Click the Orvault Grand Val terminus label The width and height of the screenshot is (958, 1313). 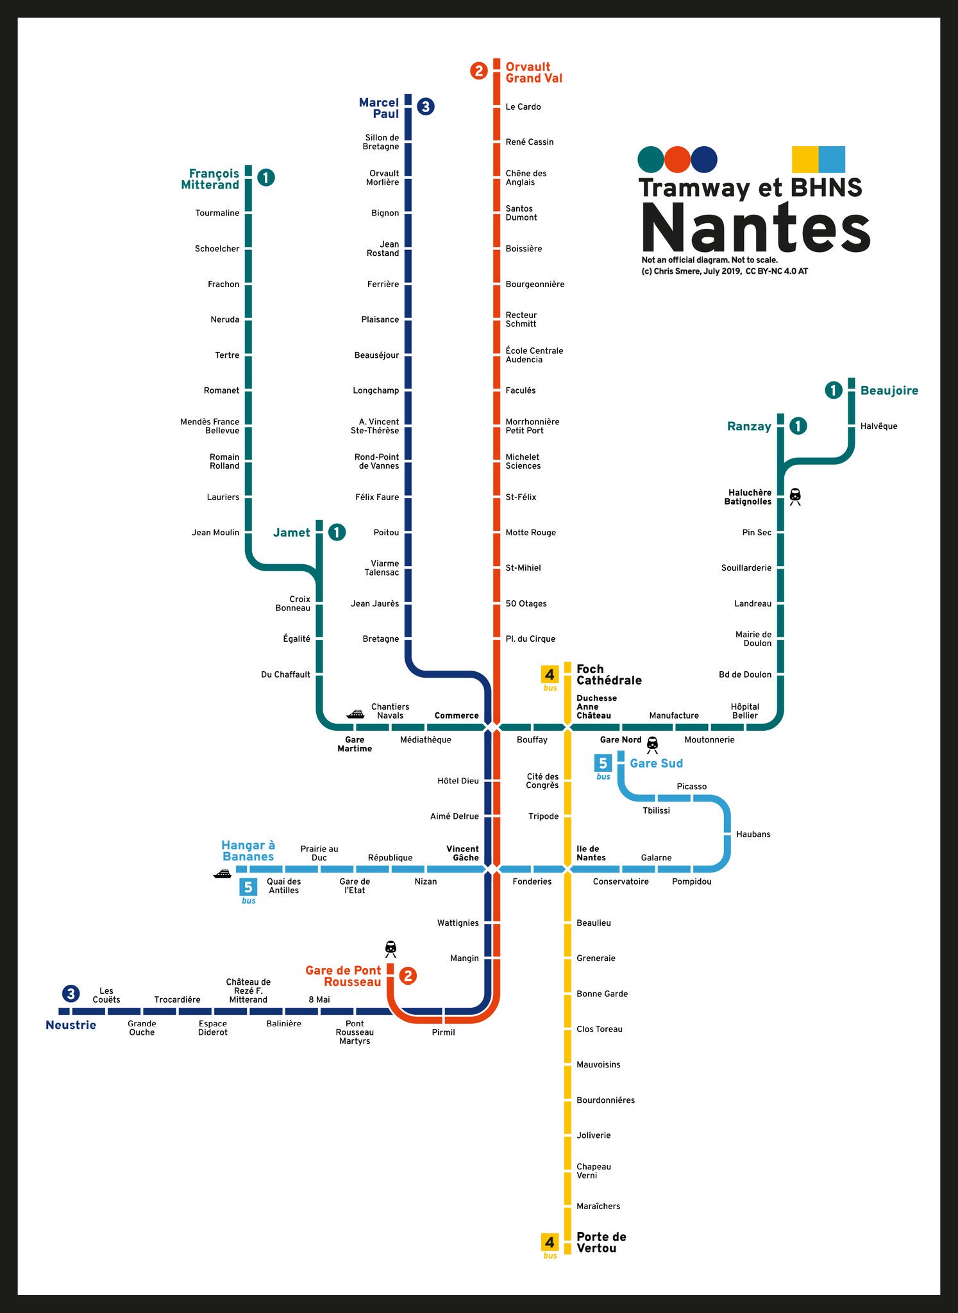pos(534,72)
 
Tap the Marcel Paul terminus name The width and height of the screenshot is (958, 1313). pos(379,108)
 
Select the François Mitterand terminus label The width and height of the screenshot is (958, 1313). pos(210,179)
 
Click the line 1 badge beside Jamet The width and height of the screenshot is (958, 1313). pos(337,532)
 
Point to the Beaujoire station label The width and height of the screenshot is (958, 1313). pos(889,390)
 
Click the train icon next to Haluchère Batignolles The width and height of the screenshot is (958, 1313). pos(795,496)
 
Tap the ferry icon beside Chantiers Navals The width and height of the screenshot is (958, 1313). pos(355,714)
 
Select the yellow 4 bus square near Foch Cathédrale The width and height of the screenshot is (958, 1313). pos(550,674)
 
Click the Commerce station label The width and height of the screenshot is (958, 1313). pos(457,715)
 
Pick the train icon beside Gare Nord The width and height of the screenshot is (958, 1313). pos(652,744)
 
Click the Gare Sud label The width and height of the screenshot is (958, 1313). pos(656,763)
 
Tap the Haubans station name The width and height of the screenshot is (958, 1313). pos(753,834)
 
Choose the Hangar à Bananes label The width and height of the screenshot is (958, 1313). pos(248,851)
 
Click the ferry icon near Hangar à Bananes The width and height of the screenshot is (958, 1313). pos(223,873)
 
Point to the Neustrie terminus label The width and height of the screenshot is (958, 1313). pos(71,1024)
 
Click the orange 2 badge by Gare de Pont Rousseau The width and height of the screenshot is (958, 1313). pos(408,976)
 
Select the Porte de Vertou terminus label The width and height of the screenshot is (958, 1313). pos(601,1242)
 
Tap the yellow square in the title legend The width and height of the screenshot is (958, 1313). pos(805,160)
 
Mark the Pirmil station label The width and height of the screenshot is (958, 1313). pos(443,1032)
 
